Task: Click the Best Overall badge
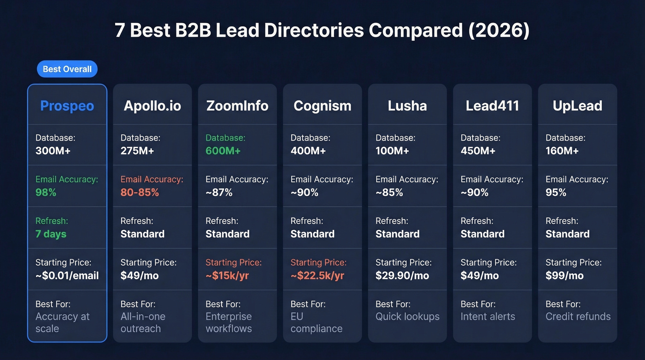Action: pyautogui.click(x=67, y=69)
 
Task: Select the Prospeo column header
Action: pyautogui.click(x=67, y=106)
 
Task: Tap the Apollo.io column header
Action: pyautogui.click(x=152, y=106)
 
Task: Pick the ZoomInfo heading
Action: pyautogui.click(x=237, y=106)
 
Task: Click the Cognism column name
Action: pyautogui.click(x=322, y=106)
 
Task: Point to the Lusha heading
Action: pyautogui.click(x=407, y=106)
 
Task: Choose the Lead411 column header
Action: pyautogui.click(x=492, y=106)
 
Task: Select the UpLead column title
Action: pyautogui.click(x=577, y=106)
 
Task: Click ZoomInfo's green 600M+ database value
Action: pyautogui.click(x=223, y=151)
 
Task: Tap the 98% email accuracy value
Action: pyautogui.click(x=46, y=192)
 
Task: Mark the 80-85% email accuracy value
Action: pyautogui.click(x=140, y=192)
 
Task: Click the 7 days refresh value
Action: pyautogui.click(x=51, y=234)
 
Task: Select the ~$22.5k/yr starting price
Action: pyautogui.click(x=317, y=276)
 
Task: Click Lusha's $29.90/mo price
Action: pyautogui.click(x=402, y=276)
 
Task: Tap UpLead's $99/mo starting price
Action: pyautogui.click(x=564, y=276)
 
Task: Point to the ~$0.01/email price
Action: pyautogui.click(x=67, y=276)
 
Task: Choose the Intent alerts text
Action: pyautogui.click(x=487, y=317)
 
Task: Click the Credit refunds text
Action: pyautogui.click(x=578, y=317)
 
